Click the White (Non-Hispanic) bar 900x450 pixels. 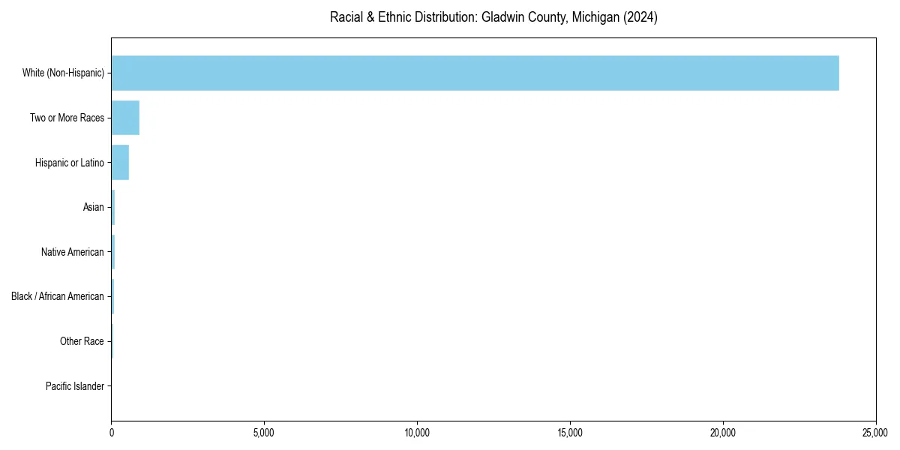tap(475, 73)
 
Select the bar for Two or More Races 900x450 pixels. tap(125, 118)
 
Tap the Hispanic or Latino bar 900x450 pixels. tap(120, 162)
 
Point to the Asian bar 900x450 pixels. tap(113, 207)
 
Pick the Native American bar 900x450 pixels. tap(113, 252)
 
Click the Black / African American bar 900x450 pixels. tap(112, 296)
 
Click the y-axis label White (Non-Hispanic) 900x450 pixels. tap(63, 73)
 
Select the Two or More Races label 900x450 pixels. tap(67, 118)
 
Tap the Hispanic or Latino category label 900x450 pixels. tap(69, 162)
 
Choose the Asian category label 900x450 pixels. tap(93, 207)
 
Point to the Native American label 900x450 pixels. tap(72, 252)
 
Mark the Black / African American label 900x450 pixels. tap(57, 296)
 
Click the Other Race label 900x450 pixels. tap(82, 341)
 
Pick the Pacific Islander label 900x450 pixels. tap(74, 386)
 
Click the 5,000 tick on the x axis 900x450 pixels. tap(264, 433)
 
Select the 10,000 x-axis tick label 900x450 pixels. tap(417, 433)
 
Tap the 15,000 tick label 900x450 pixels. tap(570, 433)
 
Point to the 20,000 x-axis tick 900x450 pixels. tap(723, 433)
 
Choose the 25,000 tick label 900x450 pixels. tap(875, 433)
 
